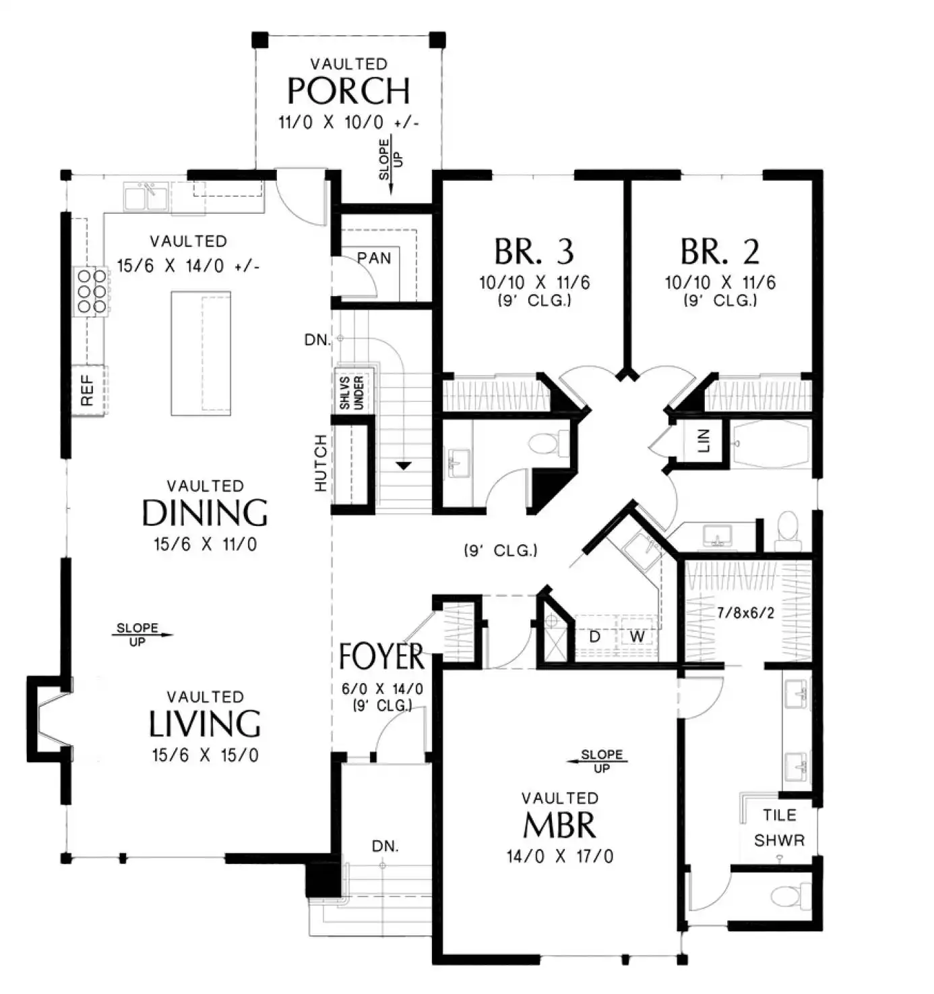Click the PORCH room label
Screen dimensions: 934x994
coord(348,90)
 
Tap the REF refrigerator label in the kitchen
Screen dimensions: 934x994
coord(87,390)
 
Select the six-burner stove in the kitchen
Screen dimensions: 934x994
coord(91,291)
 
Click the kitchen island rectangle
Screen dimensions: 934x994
coord(201,353)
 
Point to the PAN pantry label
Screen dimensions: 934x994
coord(374,258)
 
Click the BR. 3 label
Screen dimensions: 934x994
coord(534,252)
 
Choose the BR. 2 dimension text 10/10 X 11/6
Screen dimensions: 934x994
coord(720,283)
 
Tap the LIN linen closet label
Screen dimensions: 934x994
coord(703,440)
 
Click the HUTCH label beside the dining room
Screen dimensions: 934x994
coord(321,463)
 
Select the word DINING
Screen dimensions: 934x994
coord(205,513)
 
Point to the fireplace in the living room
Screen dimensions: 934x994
coord(49,719)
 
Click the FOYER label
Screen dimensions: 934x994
coord(381,656)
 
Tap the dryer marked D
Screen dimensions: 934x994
coord(595,637)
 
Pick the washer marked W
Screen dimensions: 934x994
coord(637,637)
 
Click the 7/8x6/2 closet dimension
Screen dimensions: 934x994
coord(746,612)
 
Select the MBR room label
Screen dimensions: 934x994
coord(559,825)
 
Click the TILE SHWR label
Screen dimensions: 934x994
coord(780,828)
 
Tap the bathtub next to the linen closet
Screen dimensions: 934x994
coord(770,444)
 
